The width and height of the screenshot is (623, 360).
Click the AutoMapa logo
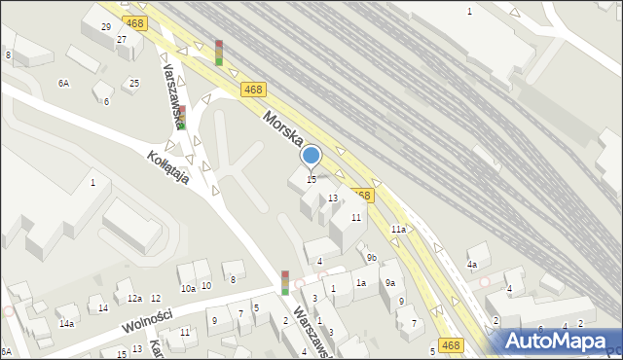coord(557,340)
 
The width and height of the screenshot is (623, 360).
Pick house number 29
coord(105,26)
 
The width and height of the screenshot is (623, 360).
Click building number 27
coord(122,39)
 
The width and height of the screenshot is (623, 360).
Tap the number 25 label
coord(134,83)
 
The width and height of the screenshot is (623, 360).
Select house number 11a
coord(398,229)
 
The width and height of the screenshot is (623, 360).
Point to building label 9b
coord(372,257)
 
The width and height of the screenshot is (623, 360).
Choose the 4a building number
coord(472,264)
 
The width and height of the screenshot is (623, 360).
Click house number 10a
coord(188,288)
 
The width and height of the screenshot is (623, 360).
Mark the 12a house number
coord(134,298)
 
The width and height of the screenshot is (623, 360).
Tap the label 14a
coord(66,323)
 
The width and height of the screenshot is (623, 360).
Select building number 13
coord(333,198)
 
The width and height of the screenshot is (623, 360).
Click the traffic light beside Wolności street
coord(284,282)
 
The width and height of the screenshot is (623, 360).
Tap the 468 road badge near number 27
coord(135,22)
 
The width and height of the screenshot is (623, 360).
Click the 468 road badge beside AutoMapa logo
coord(450,344)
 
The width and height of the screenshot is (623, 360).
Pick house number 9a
coord(389,282)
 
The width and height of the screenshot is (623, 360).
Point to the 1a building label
coord(360,283)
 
